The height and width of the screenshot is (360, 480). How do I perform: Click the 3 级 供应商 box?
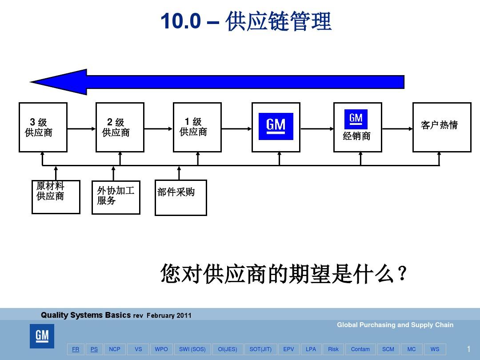tap(43, 127)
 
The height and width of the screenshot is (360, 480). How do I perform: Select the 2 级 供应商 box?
tap(120, 127)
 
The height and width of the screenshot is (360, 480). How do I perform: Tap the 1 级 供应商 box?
tap(197, 127)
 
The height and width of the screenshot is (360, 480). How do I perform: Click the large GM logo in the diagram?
tap(276, 126)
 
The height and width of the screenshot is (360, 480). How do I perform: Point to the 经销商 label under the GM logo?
tap(356, 136)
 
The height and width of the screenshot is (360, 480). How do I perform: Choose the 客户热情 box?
tap(441, 127)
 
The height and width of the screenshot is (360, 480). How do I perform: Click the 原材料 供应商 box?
tap(56, 196)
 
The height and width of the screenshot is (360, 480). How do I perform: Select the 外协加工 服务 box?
tap(116, 197)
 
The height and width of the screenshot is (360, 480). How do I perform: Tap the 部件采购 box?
tap(180, 197)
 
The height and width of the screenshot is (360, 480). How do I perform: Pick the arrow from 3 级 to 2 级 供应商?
tap(81, 129)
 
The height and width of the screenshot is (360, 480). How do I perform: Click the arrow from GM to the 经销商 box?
tap(316, 129)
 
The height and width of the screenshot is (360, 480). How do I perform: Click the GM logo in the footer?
tap(42, 336)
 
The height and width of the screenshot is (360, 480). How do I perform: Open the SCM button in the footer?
tap(388, 349)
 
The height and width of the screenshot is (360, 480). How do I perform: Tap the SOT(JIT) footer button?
tap(260, 349)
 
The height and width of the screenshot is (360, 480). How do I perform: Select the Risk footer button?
tap(333, 349)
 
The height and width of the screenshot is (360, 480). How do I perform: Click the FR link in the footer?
tap(76, 349)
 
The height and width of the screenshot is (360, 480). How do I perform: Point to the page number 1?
tap(468, 349)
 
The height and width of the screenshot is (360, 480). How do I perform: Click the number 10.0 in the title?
tap(180, 22)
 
